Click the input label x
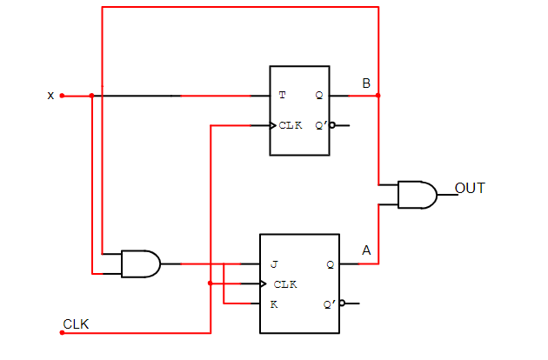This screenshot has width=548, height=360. [x=50, y=96]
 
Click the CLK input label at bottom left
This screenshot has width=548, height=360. [x=76, y=324]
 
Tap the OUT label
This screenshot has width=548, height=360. [x=470, y=188]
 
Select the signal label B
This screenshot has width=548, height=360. [x=366, y=83]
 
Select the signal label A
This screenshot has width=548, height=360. [x=366, y=251]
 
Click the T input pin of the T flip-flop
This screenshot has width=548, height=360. [x=282, y=95]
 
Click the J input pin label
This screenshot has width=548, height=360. [x=273, y=263]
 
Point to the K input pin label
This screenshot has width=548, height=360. [x=273, y=303]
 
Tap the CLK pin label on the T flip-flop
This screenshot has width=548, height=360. [x=291, y=125]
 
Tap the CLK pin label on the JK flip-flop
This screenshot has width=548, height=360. [x=285, y=283]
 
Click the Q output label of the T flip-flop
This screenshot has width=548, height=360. [x=319, y=95]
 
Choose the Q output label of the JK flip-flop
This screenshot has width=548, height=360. [x=330, y=263]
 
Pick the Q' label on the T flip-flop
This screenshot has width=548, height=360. [x=320, y=125]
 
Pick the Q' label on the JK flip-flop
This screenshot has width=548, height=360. [x=330, y=303]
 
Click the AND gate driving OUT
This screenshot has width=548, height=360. [x=417, y=195]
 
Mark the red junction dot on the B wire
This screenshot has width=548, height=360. [x=378, y=96]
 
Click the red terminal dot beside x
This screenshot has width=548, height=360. [x=62, y=96]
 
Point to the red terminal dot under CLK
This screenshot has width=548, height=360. [x=62, y=332]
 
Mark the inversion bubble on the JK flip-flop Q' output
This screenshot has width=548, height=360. [x=343, y=303]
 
